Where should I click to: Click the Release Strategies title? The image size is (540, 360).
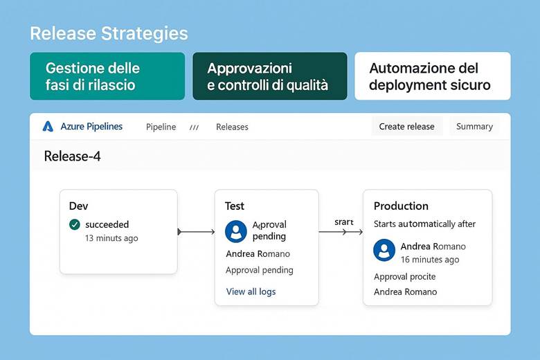pyautogui.click(x=109, y=33)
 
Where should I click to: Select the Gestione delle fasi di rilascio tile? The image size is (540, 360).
pyautogui.click(x=107, y=76)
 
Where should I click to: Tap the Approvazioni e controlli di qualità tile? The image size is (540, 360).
pyautogui.click(x=269, y=76)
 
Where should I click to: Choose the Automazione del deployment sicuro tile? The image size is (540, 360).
pyautogui.click(x=432, y=76)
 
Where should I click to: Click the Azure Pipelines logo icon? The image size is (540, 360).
pyautogui.click(x=48, y=127)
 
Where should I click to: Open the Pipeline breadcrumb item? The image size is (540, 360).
pyautogui.click(x=161, y=127)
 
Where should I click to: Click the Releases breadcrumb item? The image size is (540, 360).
pyautogui.click(x=232, y=127)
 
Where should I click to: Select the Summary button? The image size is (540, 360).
pyautogui.click(x=474, y=126)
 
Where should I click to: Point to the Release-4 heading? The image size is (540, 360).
pyautogui.click(x=72, y=156)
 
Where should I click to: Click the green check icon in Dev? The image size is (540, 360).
pyautogui.click(x=75, y=224)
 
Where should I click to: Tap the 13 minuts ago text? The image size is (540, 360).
pyautogui.click(x=111, y=238)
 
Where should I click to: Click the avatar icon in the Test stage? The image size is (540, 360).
pyautogui.click(x=236, y=231)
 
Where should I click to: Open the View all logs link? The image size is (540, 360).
pyautogui.click(x=251, y=291)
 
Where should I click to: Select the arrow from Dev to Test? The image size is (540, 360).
pyautogui.click(x=196, y=232)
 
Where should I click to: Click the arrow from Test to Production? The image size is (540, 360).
pyautogui.click(x=341, y=232)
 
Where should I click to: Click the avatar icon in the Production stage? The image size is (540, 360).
pyautogui.click(x=384, y=251)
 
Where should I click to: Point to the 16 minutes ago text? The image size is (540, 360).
pyautogui.click(x=430, y=260)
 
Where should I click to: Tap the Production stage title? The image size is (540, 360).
pyautogui.click(x=401, y=206)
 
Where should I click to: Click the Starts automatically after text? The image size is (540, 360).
pyautogui.click(x=424, y=224)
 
